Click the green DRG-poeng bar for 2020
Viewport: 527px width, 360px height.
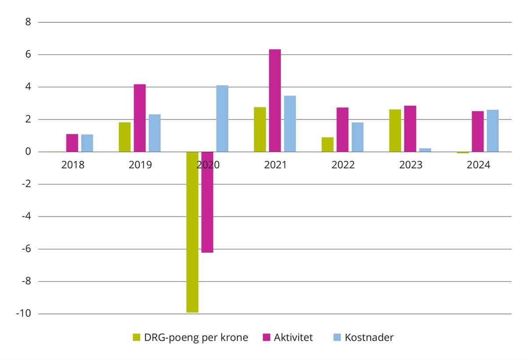[192, 232]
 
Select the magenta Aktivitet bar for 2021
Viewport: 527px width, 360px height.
[275, 101]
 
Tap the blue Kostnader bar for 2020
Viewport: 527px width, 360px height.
[222, 119]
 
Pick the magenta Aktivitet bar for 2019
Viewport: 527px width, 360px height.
[140, 118]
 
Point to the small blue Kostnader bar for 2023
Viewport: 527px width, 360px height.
[425, 150]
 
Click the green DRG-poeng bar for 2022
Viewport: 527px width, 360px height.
[328, 144]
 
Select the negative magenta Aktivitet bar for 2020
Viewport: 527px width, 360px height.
[207, 202]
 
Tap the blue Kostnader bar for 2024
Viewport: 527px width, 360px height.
[493, 131]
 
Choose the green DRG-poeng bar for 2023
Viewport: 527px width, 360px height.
[395, 130]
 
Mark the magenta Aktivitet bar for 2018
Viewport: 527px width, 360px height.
[72, 143]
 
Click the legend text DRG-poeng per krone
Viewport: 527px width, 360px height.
[196, 337]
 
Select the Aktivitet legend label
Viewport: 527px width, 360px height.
[293, 337]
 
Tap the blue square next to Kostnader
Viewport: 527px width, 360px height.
[337, 337]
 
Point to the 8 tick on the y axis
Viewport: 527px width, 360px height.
[28, 22]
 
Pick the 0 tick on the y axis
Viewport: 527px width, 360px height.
[28, 152]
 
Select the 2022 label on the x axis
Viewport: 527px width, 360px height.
[343, 165]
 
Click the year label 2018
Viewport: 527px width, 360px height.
[72, 165]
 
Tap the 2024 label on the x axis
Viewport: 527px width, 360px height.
[478, 165]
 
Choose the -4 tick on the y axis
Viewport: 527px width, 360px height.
[27, 216]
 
